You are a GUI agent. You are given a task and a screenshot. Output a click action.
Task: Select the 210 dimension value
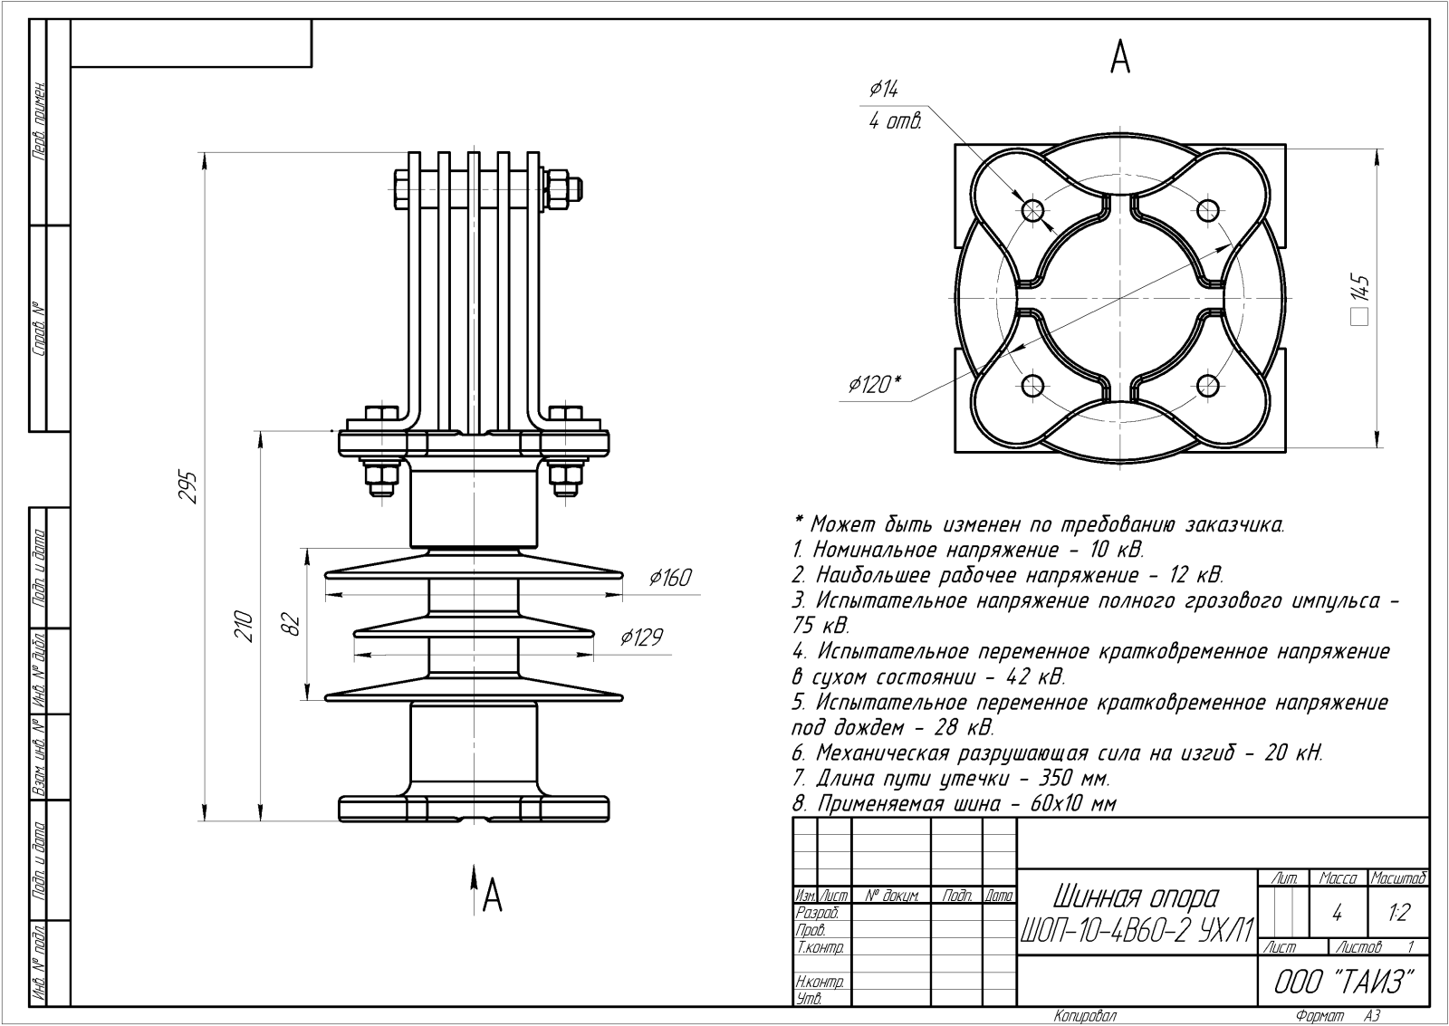point(244,626)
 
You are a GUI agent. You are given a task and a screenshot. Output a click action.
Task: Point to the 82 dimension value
point(290,625)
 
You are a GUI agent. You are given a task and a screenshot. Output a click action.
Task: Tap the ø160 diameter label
point(669,578)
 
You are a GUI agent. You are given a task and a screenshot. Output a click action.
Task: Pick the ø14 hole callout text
point(883,89)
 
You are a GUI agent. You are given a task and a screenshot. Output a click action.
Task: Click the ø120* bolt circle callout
point(874,385)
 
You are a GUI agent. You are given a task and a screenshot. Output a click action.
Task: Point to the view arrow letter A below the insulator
point(492,895)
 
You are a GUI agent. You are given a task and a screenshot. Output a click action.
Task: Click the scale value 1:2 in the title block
point(1399,913)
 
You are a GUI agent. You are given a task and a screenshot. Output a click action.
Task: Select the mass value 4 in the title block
point(1337,914)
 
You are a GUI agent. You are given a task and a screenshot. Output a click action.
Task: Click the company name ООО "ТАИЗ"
point(1343,982)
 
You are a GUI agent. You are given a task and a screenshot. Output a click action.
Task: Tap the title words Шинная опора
point(1136,897)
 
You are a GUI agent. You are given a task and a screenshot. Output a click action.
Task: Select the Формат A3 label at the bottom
point(1338,1016)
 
